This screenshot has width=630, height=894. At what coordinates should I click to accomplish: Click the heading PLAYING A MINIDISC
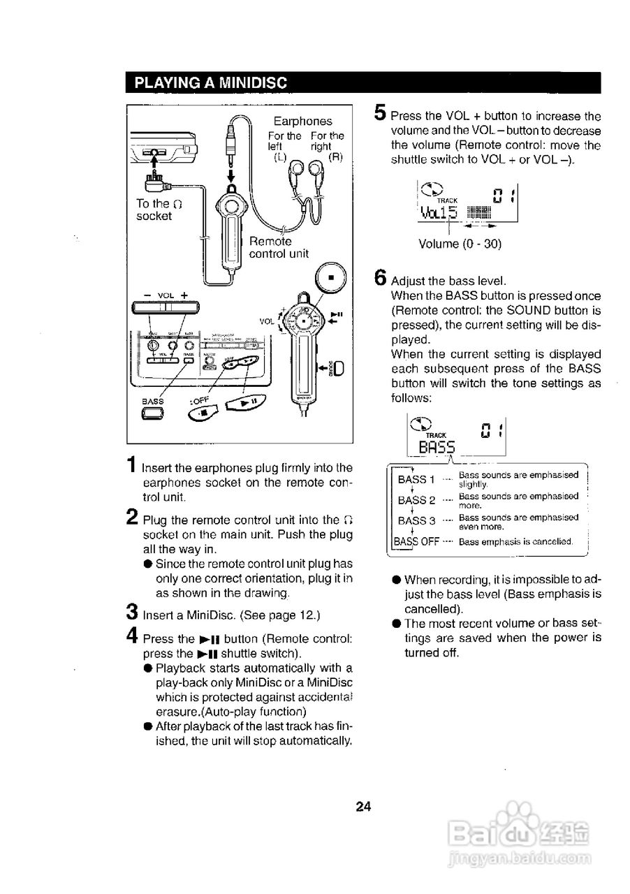(210, 82)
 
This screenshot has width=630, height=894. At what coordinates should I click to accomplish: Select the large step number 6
(381, 277)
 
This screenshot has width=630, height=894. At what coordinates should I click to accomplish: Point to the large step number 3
(131, 612)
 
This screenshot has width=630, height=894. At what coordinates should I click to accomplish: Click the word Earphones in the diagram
(302, 121)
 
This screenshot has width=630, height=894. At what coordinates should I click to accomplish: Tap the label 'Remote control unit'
(279, 247)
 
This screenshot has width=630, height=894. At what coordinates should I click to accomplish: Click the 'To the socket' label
(159, 210)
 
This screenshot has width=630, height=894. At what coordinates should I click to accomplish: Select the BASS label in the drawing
(152, 401)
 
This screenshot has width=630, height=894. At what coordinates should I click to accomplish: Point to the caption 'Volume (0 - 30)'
(460, 244)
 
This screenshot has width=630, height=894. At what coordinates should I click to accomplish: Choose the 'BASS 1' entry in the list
(416, 480)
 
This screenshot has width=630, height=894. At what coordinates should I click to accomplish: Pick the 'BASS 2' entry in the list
(416, 500)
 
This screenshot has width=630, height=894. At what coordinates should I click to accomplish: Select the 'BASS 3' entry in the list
(416, 520)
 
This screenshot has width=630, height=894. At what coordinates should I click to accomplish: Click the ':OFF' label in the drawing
(200, 401)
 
